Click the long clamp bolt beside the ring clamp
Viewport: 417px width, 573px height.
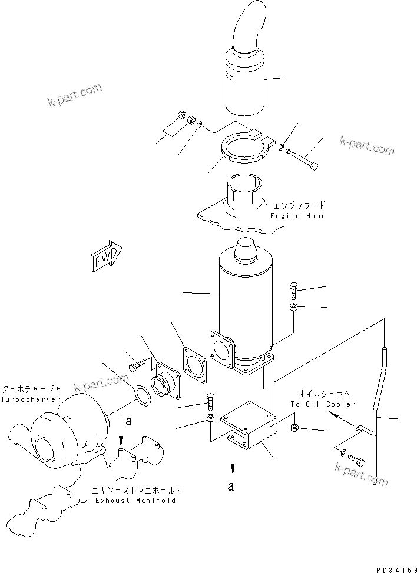(x=303, y=157)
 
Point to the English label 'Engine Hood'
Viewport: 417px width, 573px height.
(x=298, y=216)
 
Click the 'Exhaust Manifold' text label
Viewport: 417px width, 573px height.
(x=135, y=500)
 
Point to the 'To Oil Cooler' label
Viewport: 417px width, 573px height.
(x=323, y=404)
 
